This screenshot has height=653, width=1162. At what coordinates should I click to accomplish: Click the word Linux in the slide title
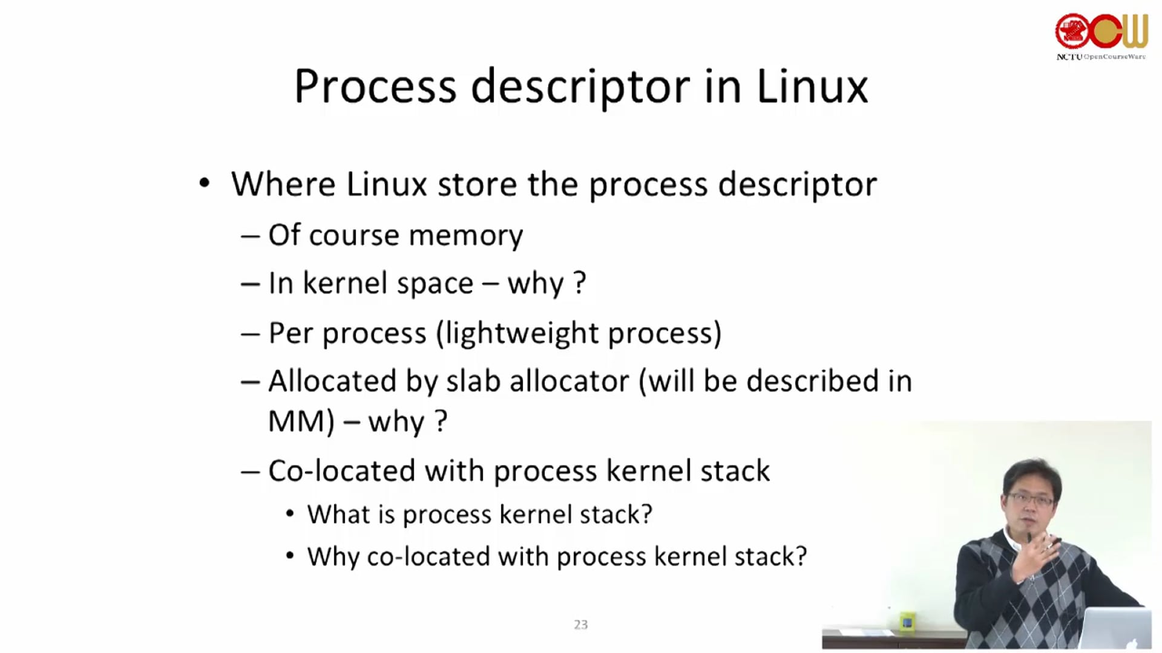tap(812, 86)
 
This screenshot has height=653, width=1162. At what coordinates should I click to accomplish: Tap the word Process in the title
tap(375, 86)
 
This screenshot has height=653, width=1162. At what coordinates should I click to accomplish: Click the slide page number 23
tap(580, 625)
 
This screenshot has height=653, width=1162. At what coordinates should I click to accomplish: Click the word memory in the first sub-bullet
tap(465, 235)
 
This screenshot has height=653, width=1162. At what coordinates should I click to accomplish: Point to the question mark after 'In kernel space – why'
tap(579, 282)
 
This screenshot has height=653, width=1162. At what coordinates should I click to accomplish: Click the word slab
tap(473, 381)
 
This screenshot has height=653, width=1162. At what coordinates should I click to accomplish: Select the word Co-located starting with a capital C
tap(341, 471)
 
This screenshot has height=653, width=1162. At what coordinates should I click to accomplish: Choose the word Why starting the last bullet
tap(333, 557)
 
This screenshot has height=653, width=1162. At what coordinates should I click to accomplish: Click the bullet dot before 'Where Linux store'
tap(205, 183)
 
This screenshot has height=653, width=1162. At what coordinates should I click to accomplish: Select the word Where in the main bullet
tap(283, 184)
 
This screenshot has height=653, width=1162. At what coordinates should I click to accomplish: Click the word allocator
tap(569, 381)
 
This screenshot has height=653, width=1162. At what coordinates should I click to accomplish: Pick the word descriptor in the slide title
tap(580, 86)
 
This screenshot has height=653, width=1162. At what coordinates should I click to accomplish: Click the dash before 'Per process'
tap(250, 334)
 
